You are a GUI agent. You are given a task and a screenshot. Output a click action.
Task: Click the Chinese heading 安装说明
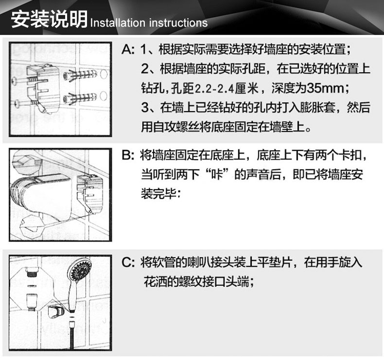pos(49,19)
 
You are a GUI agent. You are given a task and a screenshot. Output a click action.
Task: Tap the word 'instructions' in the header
pos(178,22)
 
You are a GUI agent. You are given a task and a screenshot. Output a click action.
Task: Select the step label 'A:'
pos(128,50)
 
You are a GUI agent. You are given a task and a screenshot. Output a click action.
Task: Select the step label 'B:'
pos(128,155)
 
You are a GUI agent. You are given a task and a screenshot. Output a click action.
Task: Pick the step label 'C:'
pos(128,263)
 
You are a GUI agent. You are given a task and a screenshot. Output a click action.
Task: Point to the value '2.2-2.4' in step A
pos(214,88)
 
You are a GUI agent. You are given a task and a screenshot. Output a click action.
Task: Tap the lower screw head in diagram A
pos(17,104)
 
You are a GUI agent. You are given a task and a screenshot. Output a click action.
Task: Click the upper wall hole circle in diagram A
pos(103,74)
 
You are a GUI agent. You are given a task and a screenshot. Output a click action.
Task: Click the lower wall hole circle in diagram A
pos(103,96)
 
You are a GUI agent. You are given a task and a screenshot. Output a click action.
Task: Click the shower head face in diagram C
pos(80,269)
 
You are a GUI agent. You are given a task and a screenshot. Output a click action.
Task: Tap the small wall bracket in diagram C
pos(56,312)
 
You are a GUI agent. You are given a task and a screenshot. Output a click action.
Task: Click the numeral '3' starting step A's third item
pos(145,107)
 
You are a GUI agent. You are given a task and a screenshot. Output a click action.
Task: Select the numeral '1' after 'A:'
pos(143,50)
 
